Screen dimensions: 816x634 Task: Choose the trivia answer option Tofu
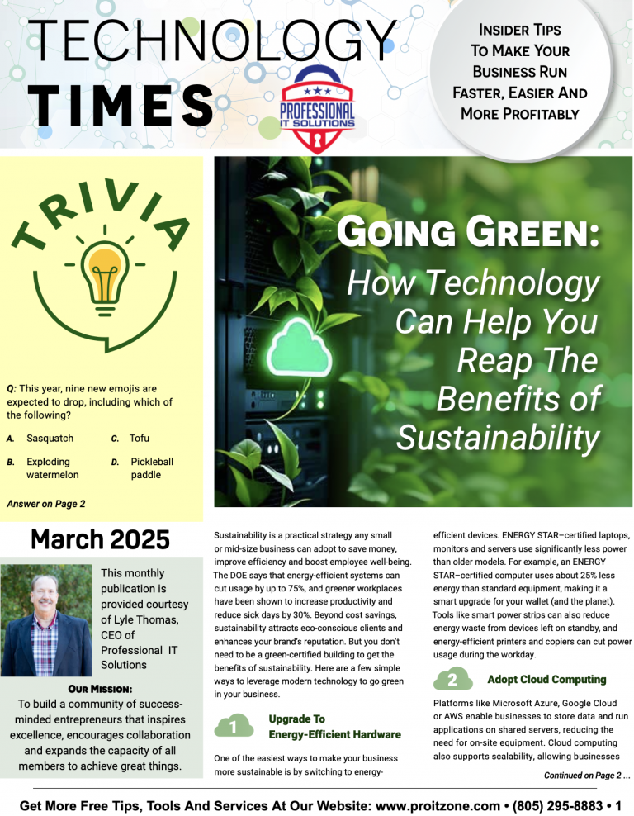click(140, 438)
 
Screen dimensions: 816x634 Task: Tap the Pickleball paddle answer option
click(152, 468)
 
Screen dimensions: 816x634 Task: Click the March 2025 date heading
click(100, 539)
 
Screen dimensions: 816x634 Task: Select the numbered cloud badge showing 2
click(452, 681)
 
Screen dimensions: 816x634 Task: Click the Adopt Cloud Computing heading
click(546, 680)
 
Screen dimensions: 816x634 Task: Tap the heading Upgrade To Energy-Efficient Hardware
click(323, 727)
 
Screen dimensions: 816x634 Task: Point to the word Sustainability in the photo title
click(498, 437)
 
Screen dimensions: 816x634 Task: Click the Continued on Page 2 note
click(586, 776)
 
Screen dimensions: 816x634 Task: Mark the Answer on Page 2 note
click(45, 503)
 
